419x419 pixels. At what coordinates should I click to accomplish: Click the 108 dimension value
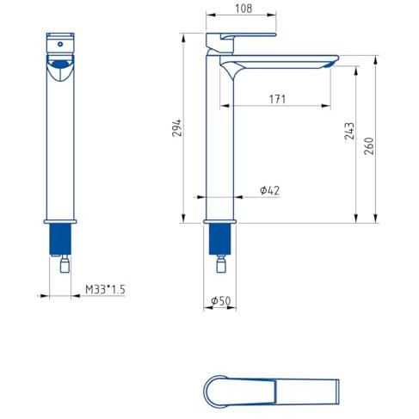tap(243, 9)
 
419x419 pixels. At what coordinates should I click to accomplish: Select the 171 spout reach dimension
tap(277, 99)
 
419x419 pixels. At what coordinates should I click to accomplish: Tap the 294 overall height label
tap(177, 127)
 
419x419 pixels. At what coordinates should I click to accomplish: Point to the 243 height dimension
tap(349, 131)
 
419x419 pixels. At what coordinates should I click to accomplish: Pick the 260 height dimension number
tap(369, 146)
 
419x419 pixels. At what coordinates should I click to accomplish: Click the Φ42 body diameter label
tap(269, 190)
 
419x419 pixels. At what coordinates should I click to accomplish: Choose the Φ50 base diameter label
tap(220, 301)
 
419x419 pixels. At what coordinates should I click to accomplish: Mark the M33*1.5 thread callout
tap(105, 289)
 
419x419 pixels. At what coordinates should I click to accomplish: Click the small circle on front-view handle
tap(60, 44)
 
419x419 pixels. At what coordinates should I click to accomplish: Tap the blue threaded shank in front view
tap(60, 239)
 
